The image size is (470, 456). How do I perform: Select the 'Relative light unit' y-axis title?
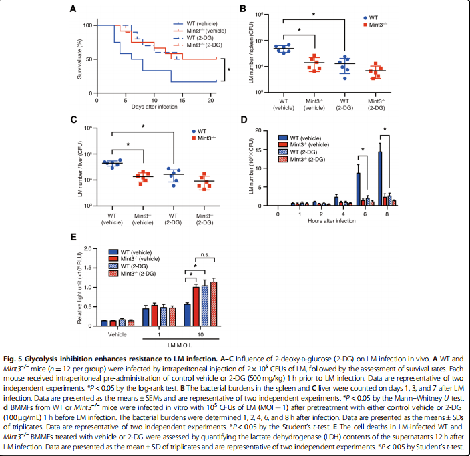coord(80,285)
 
